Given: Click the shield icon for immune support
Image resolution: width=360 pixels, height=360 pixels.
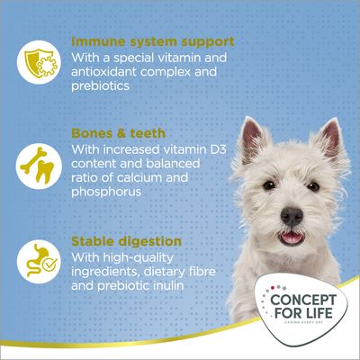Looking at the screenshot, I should click(34, 58).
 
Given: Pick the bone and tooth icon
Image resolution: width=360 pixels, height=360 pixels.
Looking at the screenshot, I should click(34, 167).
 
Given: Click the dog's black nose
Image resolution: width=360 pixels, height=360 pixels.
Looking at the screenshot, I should click(291, 217).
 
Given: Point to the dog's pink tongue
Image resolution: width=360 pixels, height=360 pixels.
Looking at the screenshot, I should click(293, 238).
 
